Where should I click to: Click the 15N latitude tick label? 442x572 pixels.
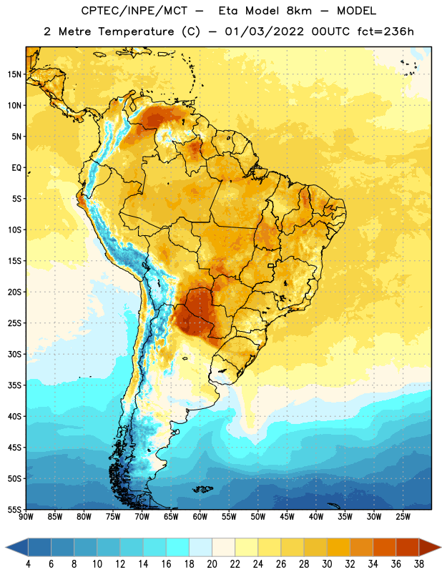[x=14, y=74]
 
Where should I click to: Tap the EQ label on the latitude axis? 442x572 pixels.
[x=16, y=168]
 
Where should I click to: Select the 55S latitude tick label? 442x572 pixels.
[x=14, y=509]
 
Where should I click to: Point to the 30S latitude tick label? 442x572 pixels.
[x=14, y=354]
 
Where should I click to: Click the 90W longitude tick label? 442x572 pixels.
[x=26, y=517]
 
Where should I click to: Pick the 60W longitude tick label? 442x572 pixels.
[x=200, y=517]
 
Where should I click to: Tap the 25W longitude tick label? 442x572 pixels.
[x=403, y=517]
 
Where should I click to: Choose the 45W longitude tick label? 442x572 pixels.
[x=287, y=517]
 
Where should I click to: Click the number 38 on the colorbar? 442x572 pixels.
[x=419, y=564]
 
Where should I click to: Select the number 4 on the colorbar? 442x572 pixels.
[x=28, y=564]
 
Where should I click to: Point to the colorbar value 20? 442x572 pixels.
[x=212, y=564]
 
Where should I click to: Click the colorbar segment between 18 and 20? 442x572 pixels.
[x=201, y=548]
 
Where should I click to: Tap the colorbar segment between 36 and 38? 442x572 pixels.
[x=408, y=548]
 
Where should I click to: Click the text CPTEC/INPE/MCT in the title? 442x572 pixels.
[x=134, y=11]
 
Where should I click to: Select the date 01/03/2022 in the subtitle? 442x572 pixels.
[x=264, y=31]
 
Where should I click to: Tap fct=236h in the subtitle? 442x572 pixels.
[x=385, y=31]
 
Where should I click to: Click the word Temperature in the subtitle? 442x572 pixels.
[x=136, y=31]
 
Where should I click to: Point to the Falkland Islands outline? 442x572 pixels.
[x=202, y=489]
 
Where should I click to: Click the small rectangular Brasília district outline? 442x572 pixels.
[x=271, y=265]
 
